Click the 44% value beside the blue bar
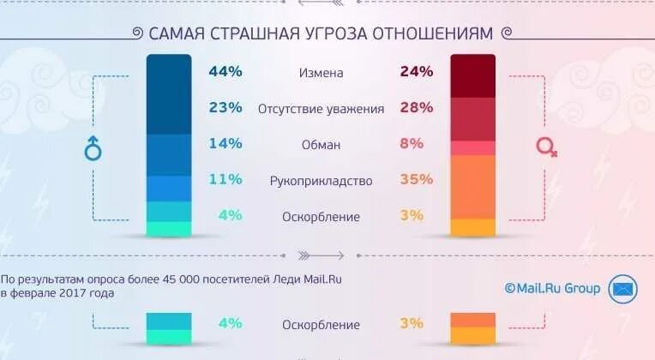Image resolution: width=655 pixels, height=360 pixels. coord(225,72)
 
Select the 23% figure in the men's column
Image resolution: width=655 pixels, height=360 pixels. coord(225,108)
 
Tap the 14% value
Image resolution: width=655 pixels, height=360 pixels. coord(225,144)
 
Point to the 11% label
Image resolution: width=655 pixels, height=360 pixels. coord(225,180)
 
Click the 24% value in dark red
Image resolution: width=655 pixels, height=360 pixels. coord(416,72)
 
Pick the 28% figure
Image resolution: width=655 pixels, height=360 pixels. coord(416,108)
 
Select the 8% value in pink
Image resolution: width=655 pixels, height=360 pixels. coord(412,144)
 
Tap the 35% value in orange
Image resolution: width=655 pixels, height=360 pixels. coord(416,180)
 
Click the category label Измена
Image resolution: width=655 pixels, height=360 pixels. coord(321,73)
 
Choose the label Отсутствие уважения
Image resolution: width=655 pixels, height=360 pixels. coord(321,109)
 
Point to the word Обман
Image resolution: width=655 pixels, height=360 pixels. coord(321,145)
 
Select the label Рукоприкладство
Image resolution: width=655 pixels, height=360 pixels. coord(321,181)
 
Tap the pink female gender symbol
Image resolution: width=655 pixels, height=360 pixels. coord(546,147)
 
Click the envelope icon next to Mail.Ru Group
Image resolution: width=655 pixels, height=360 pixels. coord(622,289)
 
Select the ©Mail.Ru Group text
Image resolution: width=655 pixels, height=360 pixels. coord(552,289)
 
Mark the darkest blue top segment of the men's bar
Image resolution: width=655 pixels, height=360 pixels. coord(169,94)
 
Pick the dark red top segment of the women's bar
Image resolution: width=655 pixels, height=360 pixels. coord(473,76)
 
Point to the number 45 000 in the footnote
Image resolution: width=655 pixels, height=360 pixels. coord(169,279)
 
